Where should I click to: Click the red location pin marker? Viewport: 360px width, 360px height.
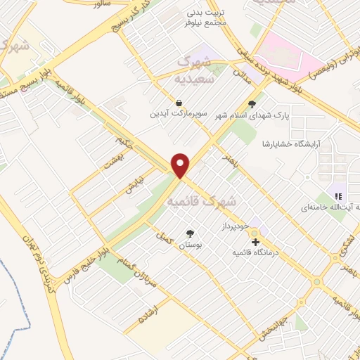pos(181,165)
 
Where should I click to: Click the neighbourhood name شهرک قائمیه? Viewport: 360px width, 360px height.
pos(202,202)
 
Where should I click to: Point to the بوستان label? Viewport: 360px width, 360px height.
pos(190,243)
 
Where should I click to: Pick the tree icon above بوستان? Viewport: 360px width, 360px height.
pos(190,233)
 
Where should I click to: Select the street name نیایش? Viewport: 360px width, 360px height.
pos(134,184)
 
